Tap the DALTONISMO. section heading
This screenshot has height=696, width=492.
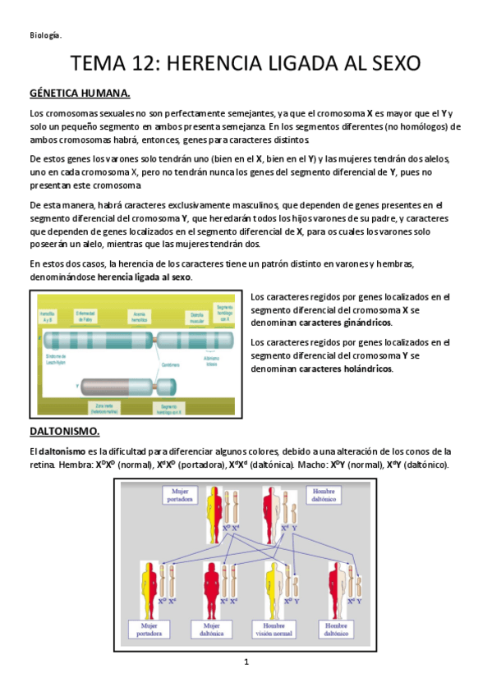pos(64,431)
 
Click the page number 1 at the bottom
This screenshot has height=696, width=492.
pos(246,662)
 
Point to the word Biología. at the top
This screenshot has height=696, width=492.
pos(45,34)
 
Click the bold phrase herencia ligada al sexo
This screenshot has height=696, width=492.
pos(145,277)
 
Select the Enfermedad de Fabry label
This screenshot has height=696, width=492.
pos(89,316)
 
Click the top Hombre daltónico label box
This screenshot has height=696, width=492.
pos(326,494)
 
